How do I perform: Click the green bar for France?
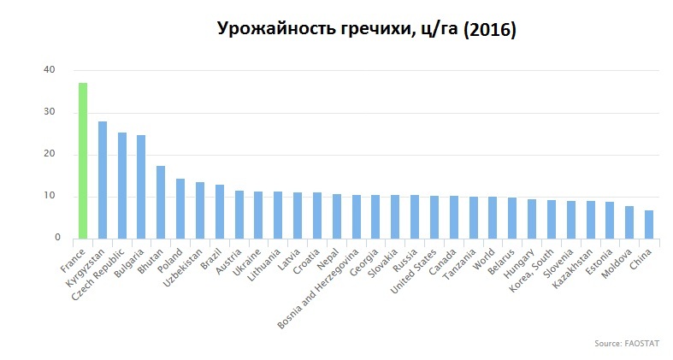pyautogui.click(x=83, y=160)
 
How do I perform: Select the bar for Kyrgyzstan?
pyautogui.click(x=103, y=180)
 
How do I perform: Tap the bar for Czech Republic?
pyautogui.click(x=122, y=185)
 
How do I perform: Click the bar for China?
pyautogui.click(x=649, y=224)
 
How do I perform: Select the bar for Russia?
pyautogui.click(x=415, y=216)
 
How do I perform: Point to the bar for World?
pyautogui.click(x=493, y=217)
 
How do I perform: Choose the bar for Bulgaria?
pyautogui.click(x=141, y=186)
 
